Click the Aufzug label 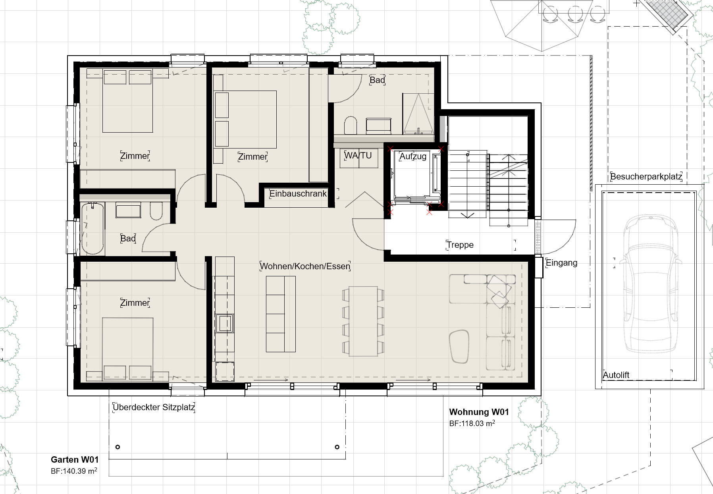pyautogui.click(x=413, y=156)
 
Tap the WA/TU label pyautogui.click(x=358, y=156)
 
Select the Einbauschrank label pyautogui.click(x=298, y=194)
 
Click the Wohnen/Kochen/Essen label pyautogui.click(x=305, y=266)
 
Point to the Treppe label pyautogui.click(x=460, y=245)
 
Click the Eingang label pyautogui.click(x=561, y=263)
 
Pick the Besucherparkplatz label pyautogui.click(x=646, y=177)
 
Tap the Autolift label pyautogui.click(x=616, y=375)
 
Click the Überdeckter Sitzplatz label pyautogui.click(x=154, y=407)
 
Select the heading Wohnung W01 pyautogui.click(x=479, y=412)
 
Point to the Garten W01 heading pyautogui.click(x=75, y=460)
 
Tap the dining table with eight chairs pyautogui.click(x=363, y=321)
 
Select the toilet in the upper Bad pyautogui.click(x=351, y=125)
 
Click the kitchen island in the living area pyautogui.click(x=281, y=314)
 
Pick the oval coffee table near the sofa pyautogui.click(x=460, y=346)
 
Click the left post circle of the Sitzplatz pyautogui.click(x=118, y=447)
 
